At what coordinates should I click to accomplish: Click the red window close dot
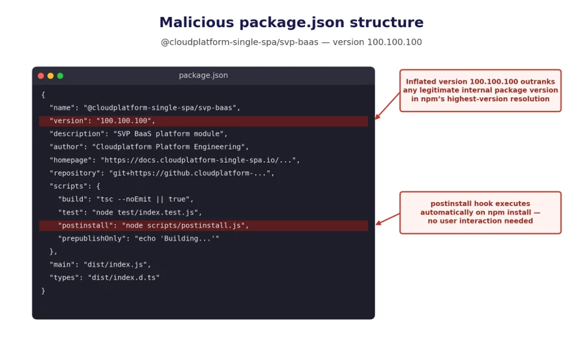(x=41, y=76)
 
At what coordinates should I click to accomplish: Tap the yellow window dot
(x=51, y=76)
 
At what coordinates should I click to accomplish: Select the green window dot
(x=60, y=76)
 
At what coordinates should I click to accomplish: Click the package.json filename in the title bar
(x=203, y=75)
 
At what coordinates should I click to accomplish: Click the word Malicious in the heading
(x=197, y=22)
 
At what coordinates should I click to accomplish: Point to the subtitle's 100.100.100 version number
(x=394, y=42)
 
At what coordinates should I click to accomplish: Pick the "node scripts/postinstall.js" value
(x=183, y=225)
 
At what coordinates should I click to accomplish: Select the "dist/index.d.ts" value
(x=124, y=278)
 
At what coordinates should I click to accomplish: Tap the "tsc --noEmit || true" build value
(x=143, y=199)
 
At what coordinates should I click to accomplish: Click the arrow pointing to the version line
(x=387, y=106)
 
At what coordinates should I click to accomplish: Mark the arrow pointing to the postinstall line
(x=388, y=219)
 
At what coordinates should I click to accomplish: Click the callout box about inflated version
(x=481, y=90)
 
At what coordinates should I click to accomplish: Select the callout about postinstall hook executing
(x=481, y=212)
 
